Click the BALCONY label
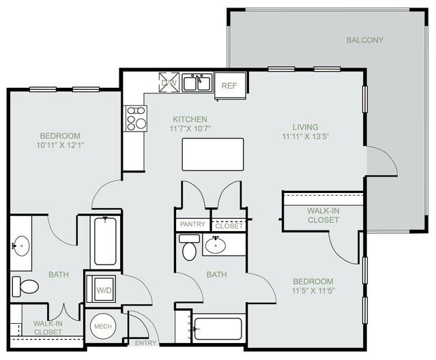[364, 40]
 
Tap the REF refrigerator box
[230, 85]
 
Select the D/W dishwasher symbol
[169, 82]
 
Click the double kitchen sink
[197, 82]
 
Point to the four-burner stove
[136, 119]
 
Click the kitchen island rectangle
[213, 155]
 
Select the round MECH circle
[103, 327]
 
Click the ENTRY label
[145, 343]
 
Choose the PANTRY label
[192, 224]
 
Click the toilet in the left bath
[25, 286]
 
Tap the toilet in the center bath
[190, 247]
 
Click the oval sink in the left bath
[21, 245]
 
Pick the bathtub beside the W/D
[105, 241]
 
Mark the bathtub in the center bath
[218, 329]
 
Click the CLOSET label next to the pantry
[229, 226]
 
